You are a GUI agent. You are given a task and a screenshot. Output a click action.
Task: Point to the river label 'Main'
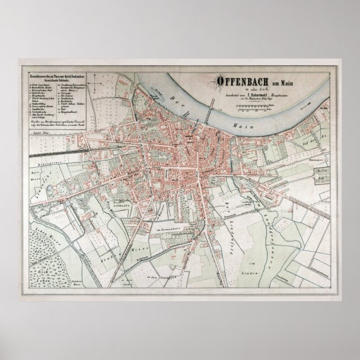(x=258, y=119)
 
